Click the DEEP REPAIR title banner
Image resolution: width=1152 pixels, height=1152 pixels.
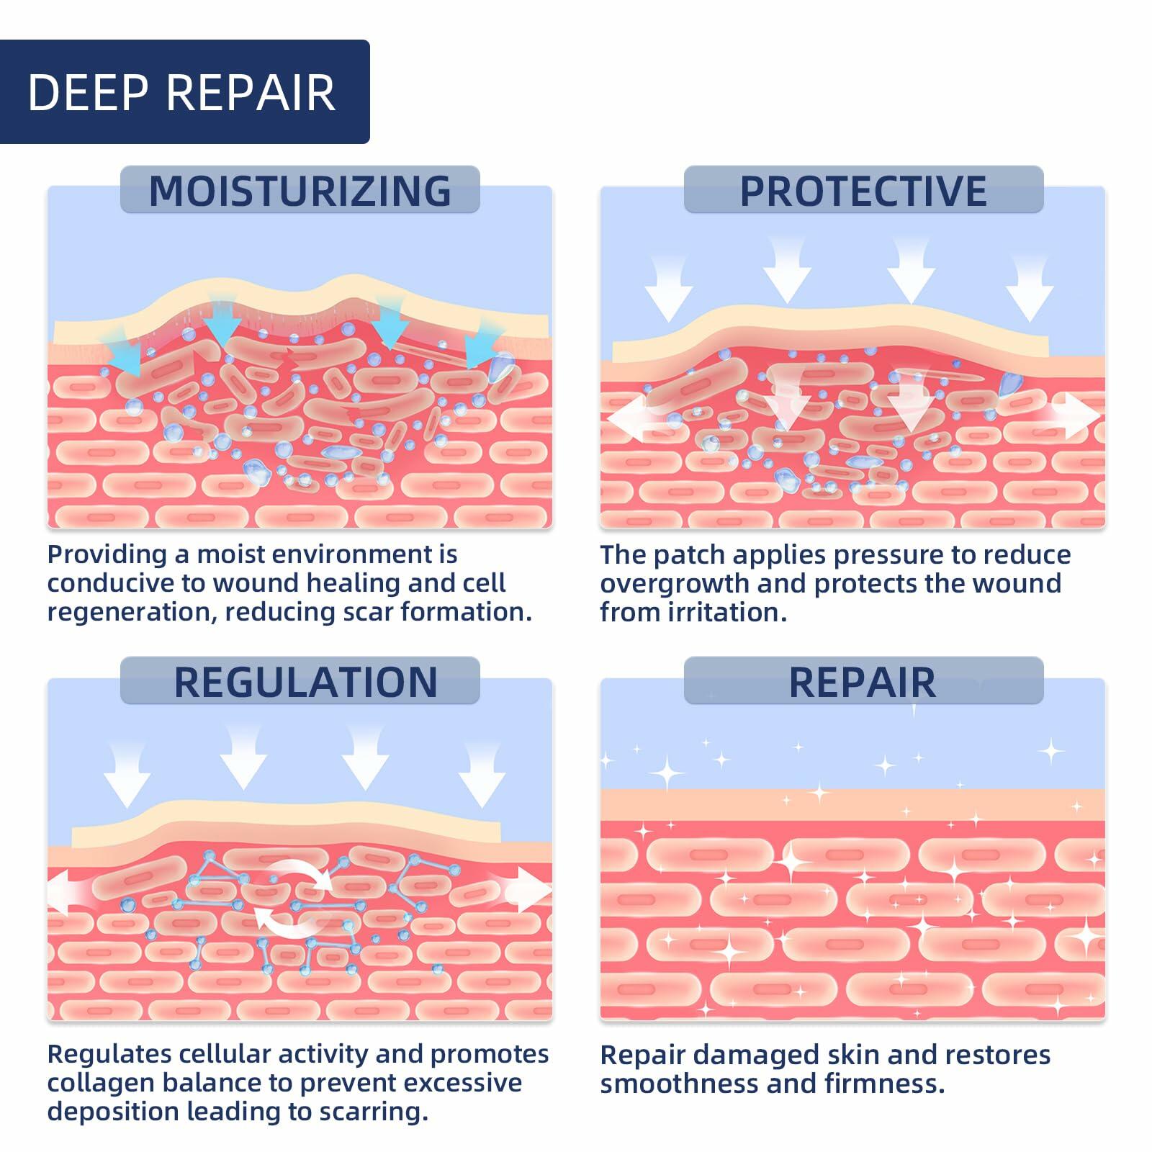point(184,92)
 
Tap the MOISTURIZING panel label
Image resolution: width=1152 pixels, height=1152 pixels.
point(300,190)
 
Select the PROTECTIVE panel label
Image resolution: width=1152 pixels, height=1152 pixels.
point(863,190)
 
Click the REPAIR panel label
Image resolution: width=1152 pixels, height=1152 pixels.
point(863,681)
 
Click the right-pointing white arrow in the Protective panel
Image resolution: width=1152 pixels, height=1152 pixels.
point(1076,417)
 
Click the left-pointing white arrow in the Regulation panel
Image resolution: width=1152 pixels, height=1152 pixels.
point(66,894)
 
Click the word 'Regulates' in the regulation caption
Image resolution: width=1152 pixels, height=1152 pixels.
point(109,1054)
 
